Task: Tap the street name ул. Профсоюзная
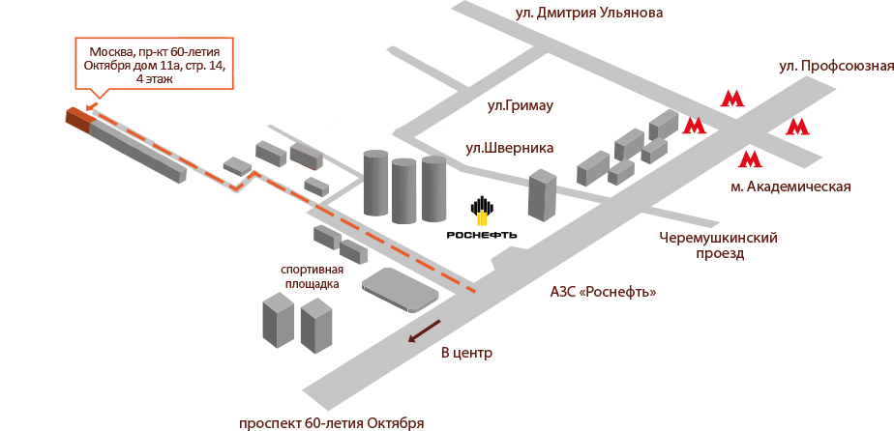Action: [835, 67]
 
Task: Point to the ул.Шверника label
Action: [509, 148]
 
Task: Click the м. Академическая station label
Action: [790, 187]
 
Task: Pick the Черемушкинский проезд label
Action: [718, 245]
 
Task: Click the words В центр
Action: [466, 353]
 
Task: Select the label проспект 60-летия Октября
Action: [331, 423]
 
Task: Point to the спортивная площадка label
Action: [311, 276]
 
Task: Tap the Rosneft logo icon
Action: [481, 209]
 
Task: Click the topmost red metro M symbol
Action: [731, 98]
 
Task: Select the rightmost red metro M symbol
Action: [797, 127]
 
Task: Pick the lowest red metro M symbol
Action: [750, 159]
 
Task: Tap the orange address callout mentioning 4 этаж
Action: [155, 64]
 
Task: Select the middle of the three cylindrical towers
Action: [403, 189]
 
